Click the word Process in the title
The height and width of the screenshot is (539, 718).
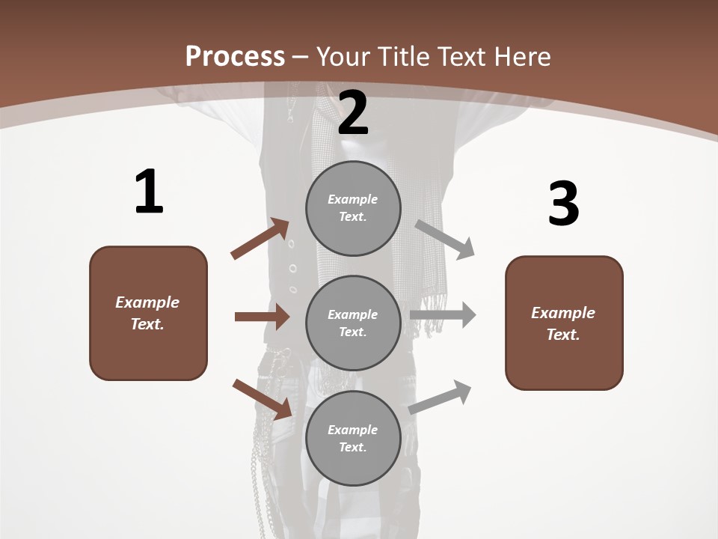coord(235,56)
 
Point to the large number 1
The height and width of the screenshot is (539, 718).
coord(150,191)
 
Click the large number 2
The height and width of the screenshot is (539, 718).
coord(352,113)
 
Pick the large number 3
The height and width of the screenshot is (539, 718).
coord(564,203)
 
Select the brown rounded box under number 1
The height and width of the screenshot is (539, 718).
coord(148,313)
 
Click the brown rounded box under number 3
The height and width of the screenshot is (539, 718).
coord(564,323)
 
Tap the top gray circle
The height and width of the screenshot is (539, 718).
coord(353,208)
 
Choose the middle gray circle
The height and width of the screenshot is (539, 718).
coord(353,323)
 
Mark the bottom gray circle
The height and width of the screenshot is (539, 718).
coord(353,438)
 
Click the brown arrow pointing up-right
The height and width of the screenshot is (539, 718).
coord(260,239)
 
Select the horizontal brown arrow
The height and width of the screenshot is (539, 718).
coord(263,317)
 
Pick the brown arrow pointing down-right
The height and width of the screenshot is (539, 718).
coord(263,399)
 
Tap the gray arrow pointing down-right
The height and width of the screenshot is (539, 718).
coord(444,240)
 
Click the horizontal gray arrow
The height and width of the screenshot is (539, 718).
coord(443,315)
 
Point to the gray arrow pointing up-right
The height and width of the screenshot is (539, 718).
coord(440,398)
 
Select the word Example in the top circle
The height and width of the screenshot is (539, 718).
coord(352,199)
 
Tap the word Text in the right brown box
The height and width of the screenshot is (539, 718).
coord(563,335)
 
